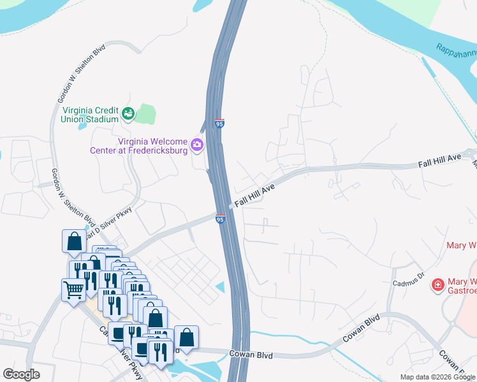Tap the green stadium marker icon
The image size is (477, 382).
[128, 114]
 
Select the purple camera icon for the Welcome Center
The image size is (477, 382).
[197, 145]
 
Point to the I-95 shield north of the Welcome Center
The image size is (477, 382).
[219, 122]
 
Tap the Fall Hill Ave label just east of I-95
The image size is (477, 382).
[254, 195]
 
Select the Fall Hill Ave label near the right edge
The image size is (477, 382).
[439, 161]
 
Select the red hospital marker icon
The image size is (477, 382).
[438, 284]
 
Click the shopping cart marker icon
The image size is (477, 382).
[73, 290]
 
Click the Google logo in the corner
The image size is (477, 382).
[21, 374]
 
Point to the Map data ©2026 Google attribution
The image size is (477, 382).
[437, 377]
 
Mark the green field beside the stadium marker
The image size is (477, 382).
[146, 115]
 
